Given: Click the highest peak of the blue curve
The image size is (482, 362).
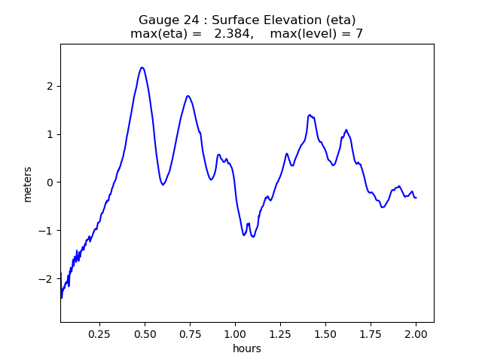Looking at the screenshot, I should coord(142,68).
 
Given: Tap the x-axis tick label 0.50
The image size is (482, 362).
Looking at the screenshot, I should coord(145,333).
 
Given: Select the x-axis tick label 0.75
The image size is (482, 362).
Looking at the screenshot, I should coord(190,333).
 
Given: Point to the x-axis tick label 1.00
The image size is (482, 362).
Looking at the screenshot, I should coord(235,333).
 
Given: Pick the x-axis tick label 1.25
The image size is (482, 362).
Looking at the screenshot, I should coord(280,333).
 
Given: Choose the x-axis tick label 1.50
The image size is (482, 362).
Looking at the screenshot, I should coord(325,333).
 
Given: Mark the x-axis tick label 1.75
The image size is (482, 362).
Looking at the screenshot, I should coord(371,333).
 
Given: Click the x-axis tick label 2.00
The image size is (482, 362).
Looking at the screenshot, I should coord(416,333).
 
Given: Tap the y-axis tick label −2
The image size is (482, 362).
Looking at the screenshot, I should coord(48,279).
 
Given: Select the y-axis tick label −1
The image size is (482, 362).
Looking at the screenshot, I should coord(48,231).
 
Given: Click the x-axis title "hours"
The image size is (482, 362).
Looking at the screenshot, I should coord(247,348).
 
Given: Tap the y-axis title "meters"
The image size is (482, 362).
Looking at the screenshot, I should coord(28,183).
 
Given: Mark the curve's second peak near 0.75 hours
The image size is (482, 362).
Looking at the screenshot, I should coord(188,96).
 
